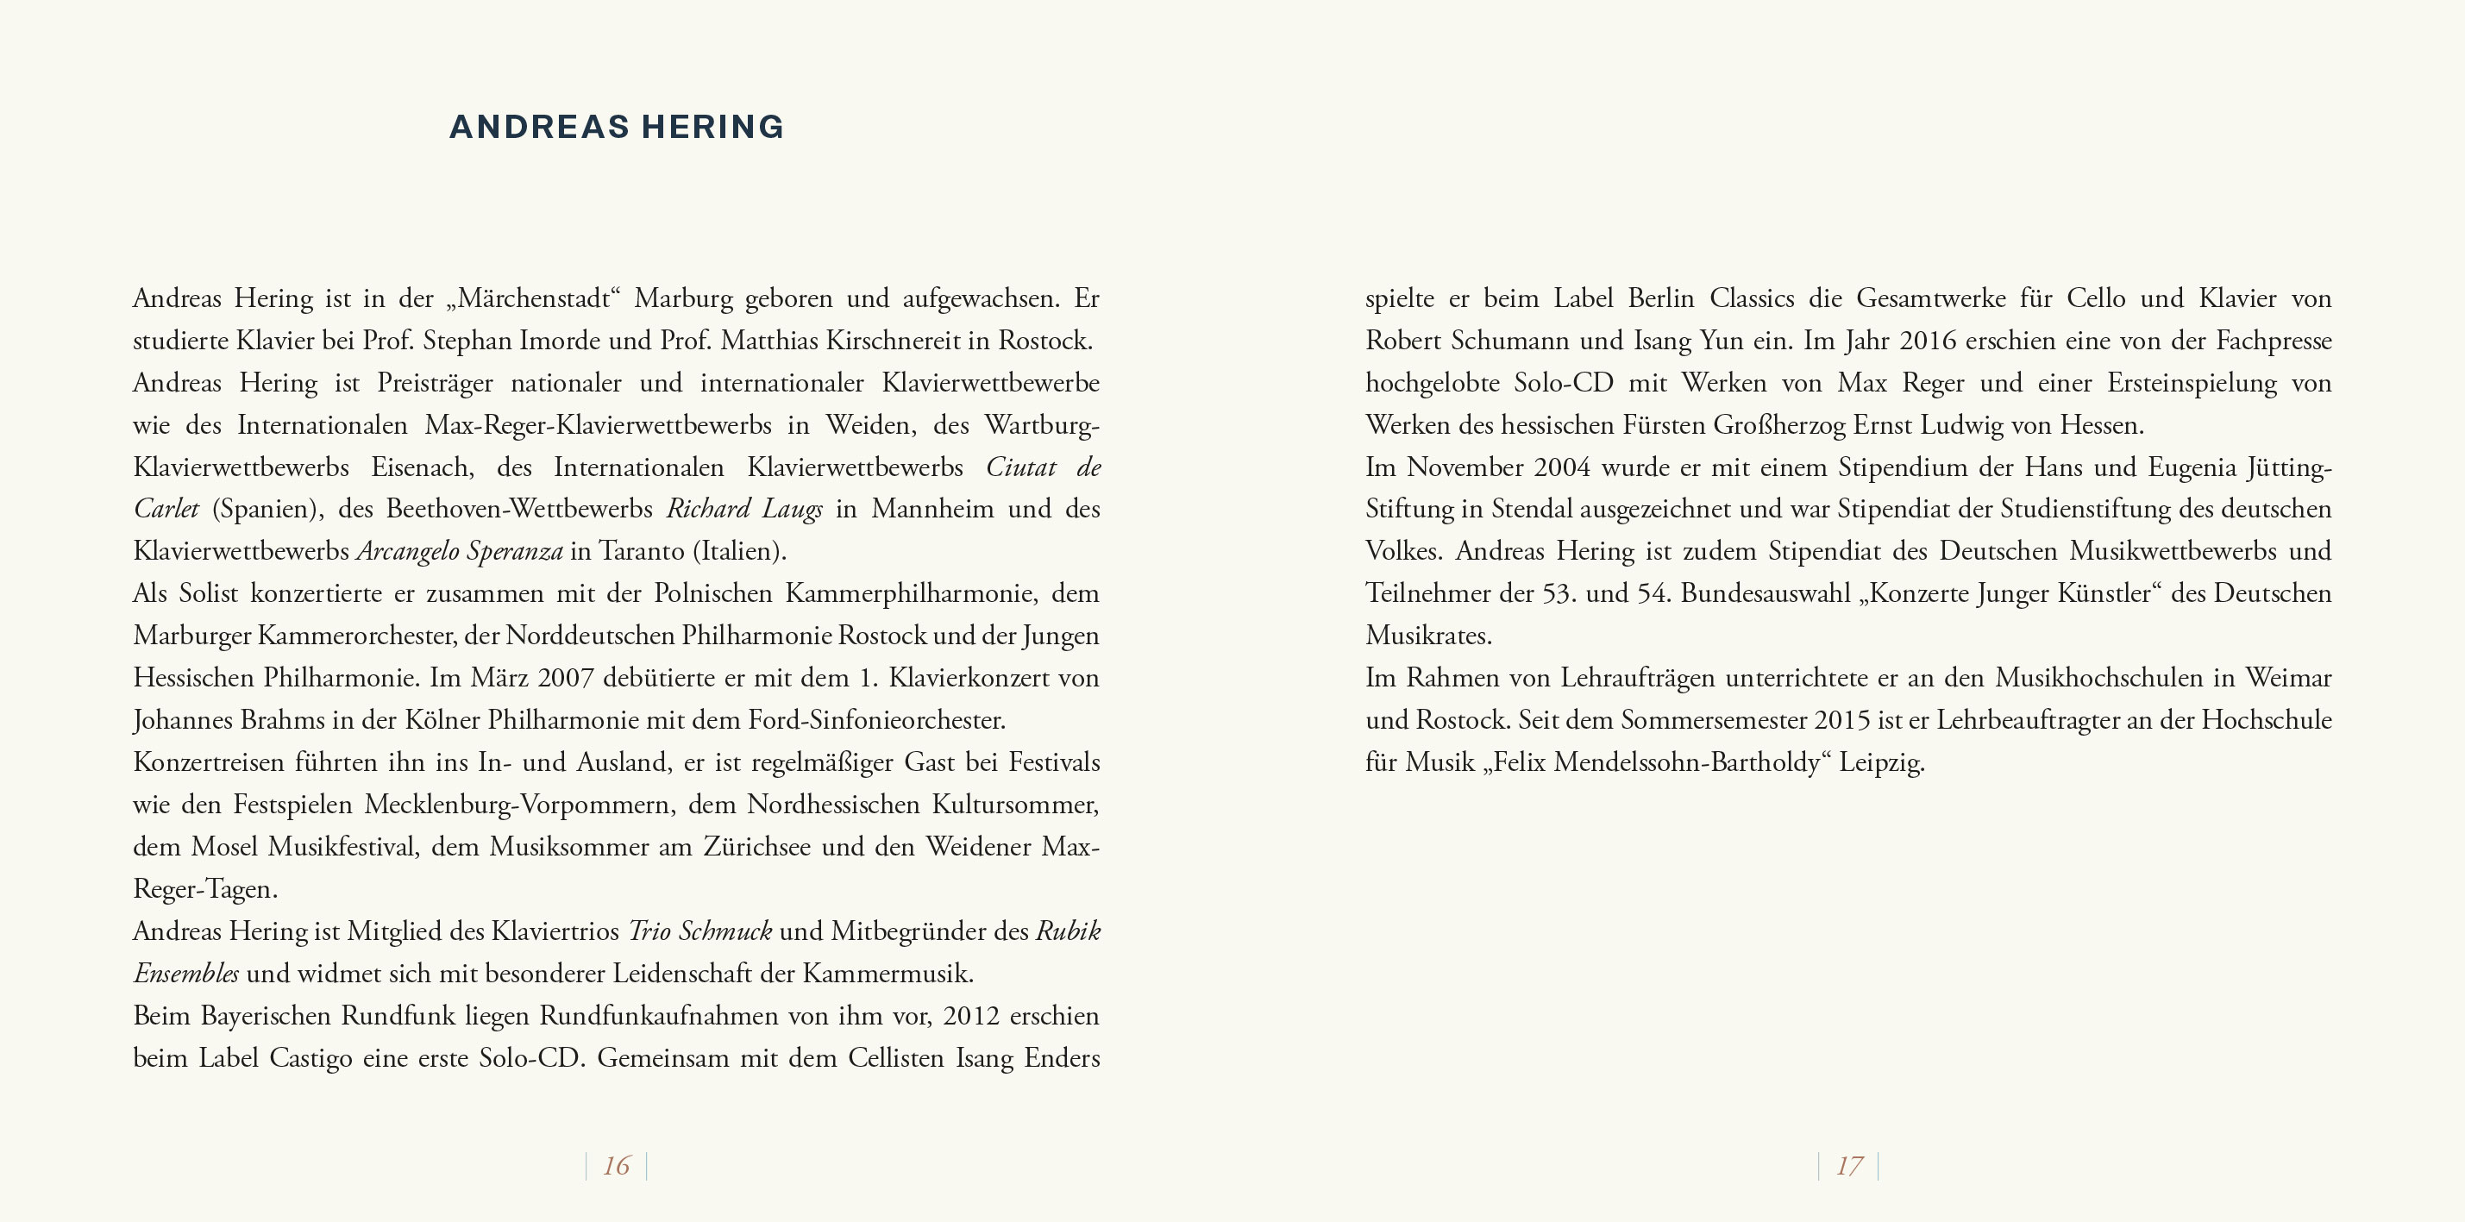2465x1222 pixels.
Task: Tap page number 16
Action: (x=616, y=1166)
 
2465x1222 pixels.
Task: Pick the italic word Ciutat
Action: (x=1021, y=468)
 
